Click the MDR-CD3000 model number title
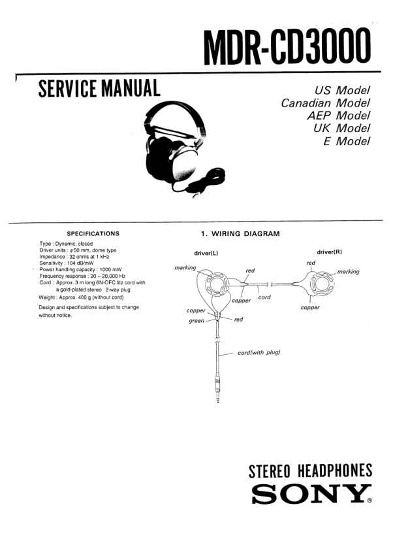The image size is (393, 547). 291,46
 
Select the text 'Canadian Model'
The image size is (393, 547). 325,103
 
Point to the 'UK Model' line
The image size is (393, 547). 341,128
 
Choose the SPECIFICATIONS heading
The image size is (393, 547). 93,233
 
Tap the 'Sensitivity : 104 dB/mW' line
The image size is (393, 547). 67,263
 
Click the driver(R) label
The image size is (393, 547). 329,252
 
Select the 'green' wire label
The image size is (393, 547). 196,321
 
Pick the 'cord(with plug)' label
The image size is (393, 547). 259,353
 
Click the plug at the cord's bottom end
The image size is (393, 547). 217,391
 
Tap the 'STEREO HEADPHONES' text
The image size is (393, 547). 311,471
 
